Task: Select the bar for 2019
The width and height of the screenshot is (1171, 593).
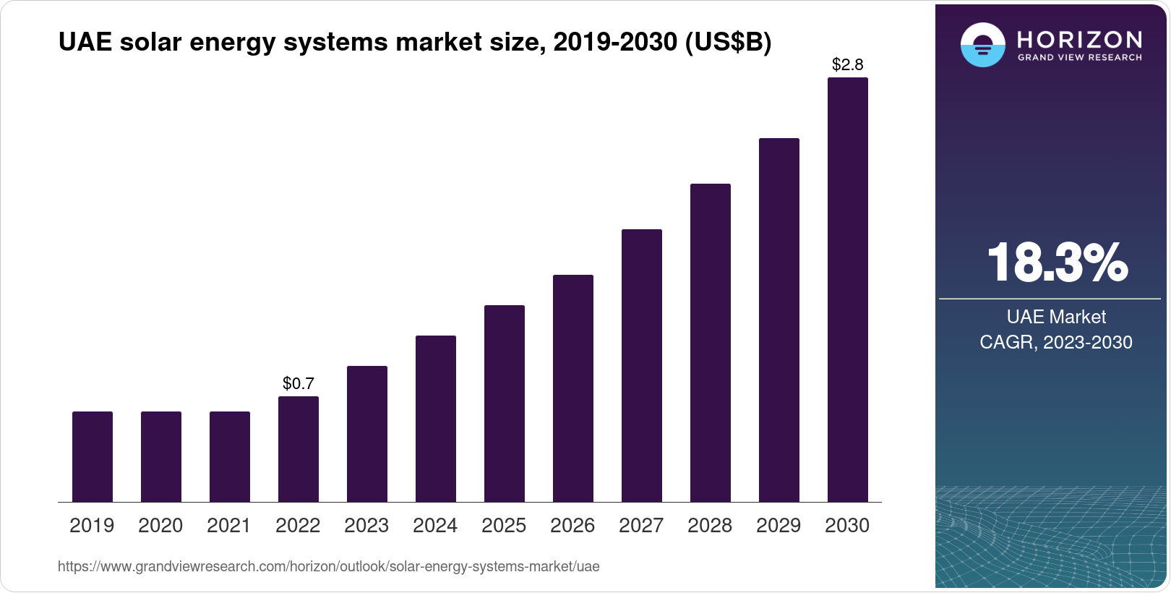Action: tap(93, 456)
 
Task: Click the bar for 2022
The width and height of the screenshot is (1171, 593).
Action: tap(299, 449)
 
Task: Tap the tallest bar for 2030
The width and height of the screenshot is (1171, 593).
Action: tap(847, 289)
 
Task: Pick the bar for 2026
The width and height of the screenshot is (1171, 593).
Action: tap(573, 388)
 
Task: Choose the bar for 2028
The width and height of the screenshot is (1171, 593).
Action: tap(711, 343)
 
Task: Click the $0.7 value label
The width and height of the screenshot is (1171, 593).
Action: tap(299, 383)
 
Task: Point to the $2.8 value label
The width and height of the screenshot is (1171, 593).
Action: tap(847, 65)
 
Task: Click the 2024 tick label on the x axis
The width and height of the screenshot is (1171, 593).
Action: tap(435, 526)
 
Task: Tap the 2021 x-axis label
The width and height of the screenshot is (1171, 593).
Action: tap(229, 526)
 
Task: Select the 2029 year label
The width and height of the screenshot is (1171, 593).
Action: tap(778, 526)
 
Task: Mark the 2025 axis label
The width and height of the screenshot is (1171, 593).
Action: tap(504, 526)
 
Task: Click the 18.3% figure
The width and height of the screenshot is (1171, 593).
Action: tap(1056, 263)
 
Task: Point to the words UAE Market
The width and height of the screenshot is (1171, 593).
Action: tap(1056, 317)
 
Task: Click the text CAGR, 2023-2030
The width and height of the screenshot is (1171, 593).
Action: tap(1056, 342)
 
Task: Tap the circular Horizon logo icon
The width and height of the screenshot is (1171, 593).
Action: tap(982, 45)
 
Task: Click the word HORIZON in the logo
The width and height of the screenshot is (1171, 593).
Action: tap(1079, 39)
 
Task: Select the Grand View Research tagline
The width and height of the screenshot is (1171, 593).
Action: tap(1079, 58)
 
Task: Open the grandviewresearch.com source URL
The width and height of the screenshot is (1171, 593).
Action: tap(328, 566)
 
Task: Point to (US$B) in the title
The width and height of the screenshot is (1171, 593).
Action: tap(724, 43)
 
